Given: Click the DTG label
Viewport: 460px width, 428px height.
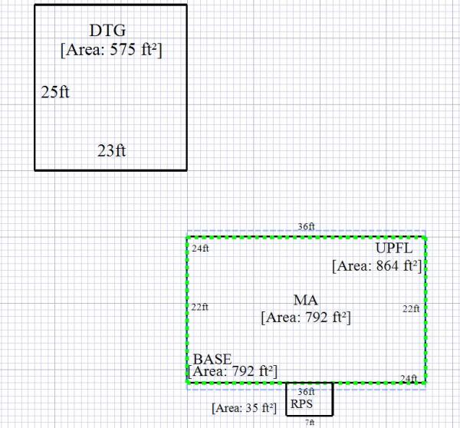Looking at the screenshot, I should pyautogui.click(x=107, y=31).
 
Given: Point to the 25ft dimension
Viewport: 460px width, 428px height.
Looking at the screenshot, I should pyautogui.click(x=55, y=93).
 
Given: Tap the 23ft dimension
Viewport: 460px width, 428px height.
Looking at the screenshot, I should pyautogui.click(x=111, y=150).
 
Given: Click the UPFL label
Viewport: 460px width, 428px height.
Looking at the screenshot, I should pyautogui.click(x=394, y=250).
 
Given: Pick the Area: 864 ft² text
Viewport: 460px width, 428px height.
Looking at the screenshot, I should pyautogui.click(x=377, y=266).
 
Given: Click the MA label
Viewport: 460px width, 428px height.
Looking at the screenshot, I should pyautogui.click(x=305, y=300).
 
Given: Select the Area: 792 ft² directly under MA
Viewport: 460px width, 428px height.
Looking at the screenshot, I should pyautogui.click(x=306, y=316).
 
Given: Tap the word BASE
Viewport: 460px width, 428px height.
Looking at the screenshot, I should pyautogui.click(x=212, y=359).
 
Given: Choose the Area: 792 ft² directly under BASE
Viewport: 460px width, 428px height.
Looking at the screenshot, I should pyautogui.click(x=232, y=372).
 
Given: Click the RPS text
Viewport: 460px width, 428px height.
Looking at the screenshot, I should pyautogui.click(x=302, y=403).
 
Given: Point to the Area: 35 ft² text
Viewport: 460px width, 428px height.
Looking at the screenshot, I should pyautogui.click(x=244, y=408).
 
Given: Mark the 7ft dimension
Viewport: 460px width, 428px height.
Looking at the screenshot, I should pyautogui.click(x=309, y=422).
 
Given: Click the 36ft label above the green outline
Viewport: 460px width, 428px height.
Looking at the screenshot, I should pyautogui.click(x=306, y=227).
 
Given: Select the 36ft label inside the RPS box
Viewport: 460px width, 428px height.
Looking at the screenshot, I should pyautogui.click(x=306, y=391).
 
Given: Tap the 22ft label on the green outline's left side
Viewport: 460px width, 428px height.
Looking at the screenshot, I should pyautogui.click(x=199, y=307).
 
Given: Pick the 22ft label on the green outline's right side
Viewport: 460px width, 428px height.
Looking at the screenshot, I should pyautogui.click(x=412, y=308).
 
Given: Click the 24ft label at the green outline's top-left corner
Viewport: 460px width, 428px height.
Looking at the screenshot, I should pyautogui.click(x=201, y=249).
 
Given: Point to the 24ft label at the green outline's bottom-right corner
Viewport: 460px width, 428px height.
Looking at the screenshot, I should pyautogui.click(x=409, y=378).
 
